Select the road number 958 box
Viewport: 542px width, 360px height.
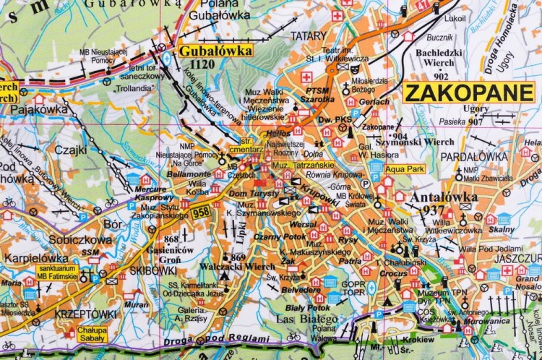point(201,211)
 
